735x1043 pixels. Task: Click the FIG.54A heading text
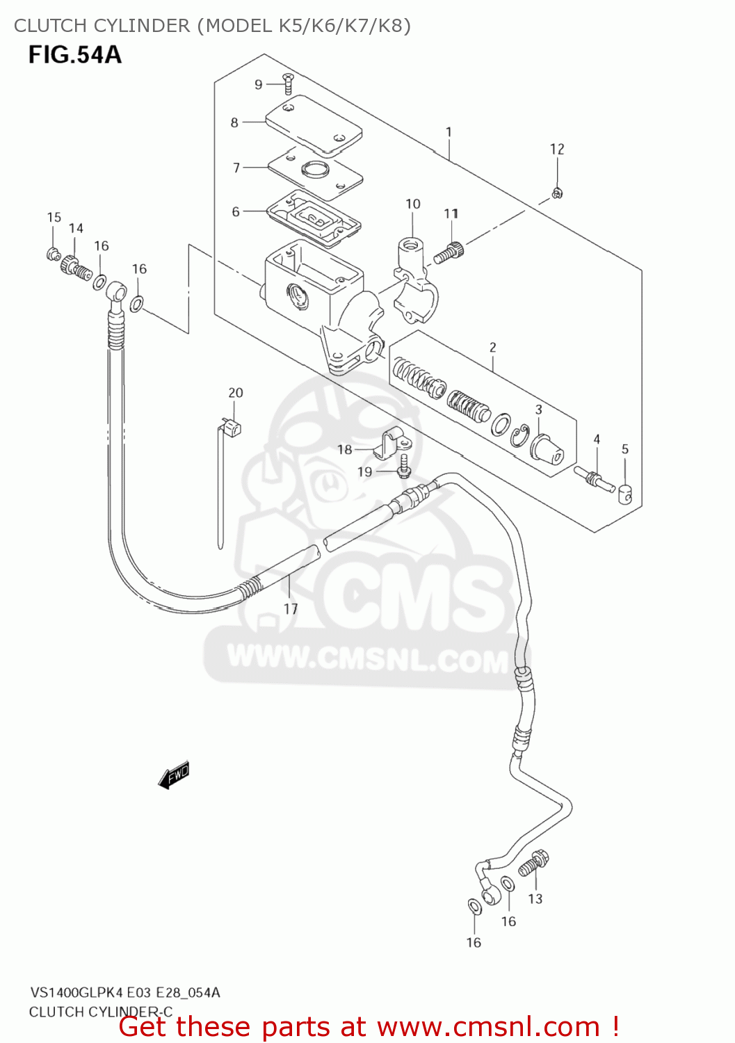[x=74, y=55]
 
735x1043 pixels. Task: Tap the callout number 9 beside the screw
[x=259, y=85]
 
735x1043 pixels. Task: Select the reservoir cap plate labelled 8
[x=315, y=126]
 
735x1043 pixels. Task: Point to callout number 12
[x=557, y=149]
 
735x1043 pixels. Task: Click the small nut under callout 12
[x=557, y=193]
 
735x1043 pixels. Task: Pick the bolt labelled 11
[x=449, y=252]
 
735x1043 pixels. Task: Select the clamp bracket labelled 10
[x=414, y=278]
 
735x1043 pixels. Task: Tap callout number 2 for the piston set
[x=493, y=347]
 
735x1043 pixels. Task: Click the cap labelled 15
[x=53, y=254]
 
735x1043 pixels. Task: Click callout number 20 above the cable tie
[x=236, y=393]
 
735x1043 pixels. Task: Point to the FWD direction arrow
[x=174, y=775]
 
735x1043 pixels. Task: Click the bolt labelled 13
[x=535, y=862]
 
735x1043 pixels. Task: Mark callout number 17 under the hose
[x=291, y=609]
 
